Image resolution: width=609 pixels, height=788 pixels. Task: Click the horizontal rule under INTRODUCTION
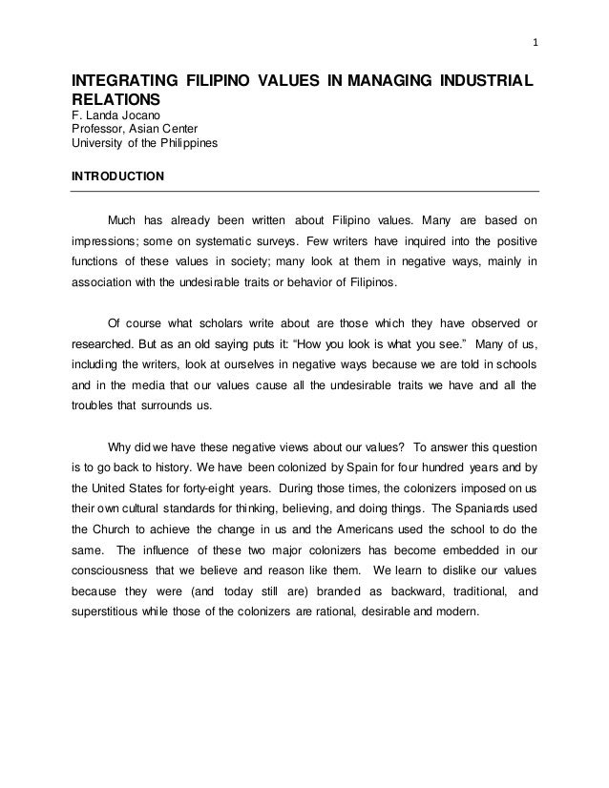pos(305,192)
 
